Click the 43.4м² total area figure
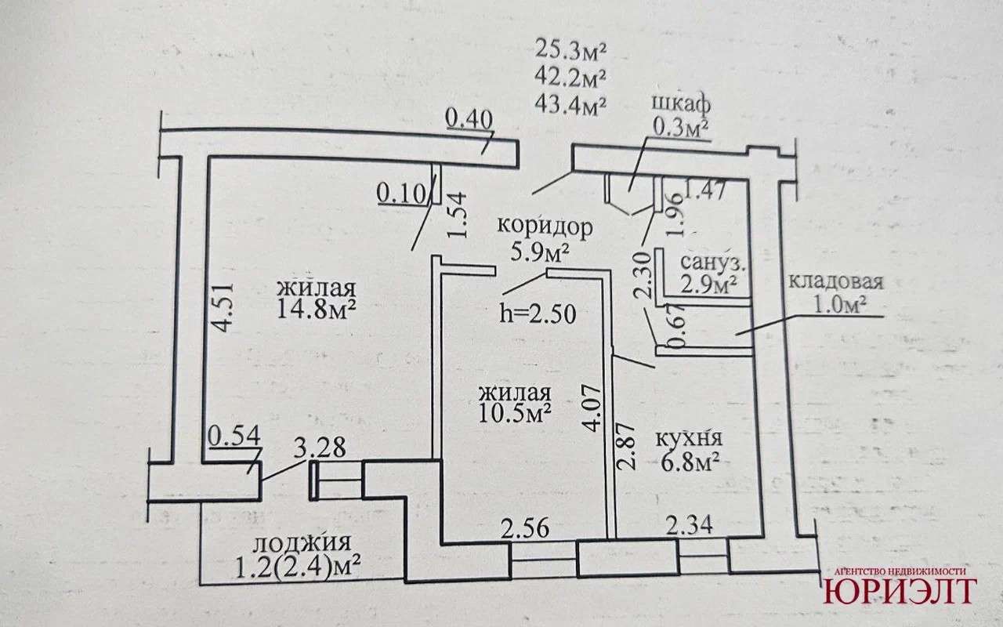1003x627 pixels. tap(572, 102)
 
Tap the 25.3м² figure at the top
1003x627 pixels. tap(572, 51)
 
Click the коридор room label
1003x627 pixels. tap(545, 227)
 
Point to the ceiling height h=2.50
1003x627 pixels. tap(538, 314)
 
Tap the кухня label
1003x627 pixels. tap(690, 439)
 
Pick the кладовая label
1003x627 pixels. tap(835, 282)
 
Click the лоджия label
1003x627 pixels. tap(300, 542)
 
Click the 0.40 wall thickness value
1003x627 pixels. tap(469, 118)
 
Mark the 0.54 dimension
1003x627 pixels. tap(229, 436)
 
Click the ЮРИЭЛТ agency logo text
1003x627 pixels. tap(899, 591)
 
